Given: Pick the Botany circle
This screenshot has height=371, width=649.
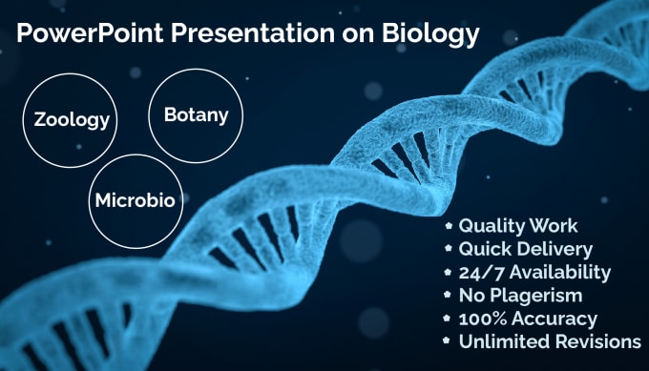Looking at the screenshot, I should coord(197,116).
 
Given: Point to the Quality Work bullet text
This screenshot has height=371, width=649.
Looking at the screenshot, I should coord(518,227).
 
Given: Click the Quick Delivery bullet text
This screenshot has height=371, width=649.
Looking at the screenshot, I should coord(527,250).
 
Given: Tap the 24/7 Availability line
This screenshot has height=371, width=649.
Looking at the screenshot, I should coord(534,273).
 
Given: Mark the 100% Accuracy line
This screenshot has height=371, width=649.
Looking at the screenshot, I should coord(528,319).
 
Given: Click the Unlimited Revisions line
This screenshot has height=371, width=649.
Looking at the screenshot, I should coord(550,341).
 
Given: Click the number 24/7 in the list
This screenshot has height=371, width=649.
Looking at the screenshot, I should coord(480,273).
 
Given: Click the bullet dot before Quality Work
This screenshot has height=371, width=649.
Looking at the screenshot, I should coord(449,227).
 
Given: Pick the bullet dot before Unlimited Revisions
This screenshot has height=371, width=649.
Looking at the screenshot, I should coord(449,341).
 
